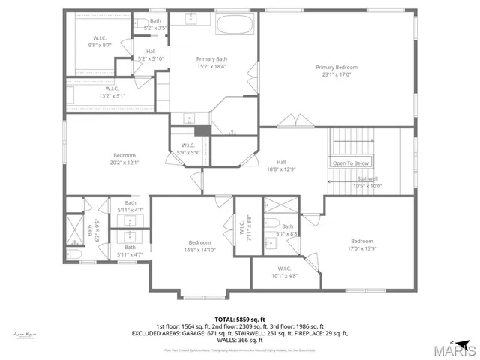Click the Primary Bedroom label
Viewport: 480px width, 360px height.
click(335, 70)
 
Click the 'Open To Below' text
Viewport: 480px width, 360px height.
click(351, 163)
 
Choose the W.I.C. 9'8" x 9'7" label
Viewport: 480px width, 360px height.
click(101, 41)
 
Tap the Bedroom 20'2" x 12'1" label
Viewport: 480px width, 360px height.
click(124, 158)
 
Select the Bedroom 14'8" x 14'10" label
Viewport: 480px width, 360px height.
click(199, 246)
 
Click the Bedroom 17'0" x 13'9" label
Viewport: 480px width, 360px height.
click(361, 244)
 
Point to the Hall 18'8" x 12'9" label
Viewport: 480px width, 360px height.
click(280, 166)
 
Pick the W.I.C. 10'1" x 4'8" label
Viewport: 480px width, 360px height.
click(284, 271)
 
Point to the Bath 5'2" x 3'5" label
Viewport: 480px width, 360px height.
click(155, 24)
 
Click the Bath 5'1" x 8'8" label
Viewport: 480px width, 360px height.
click(287, 229)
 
